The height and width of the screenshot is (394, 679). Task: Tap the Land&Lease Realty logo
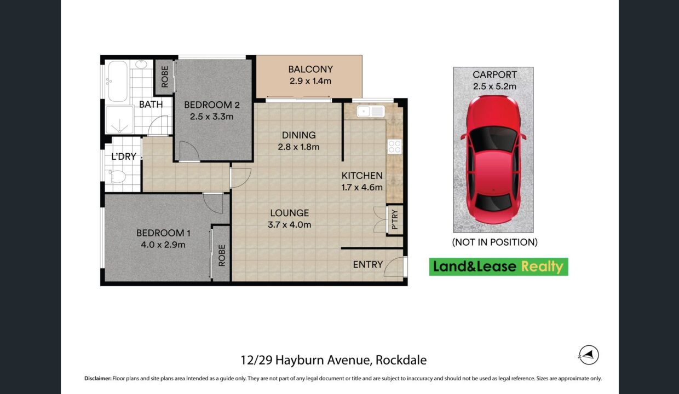499,266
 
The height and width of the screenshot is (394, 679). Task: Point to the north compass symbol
589,355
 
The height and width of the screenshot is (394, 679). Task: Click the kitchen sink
371,111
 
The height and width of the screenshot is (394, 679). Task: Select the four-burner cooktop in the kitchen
394,147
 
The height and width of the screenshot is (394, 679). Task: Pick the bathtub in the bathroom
118,81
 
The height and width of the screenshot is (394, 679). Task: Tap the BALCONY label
310,69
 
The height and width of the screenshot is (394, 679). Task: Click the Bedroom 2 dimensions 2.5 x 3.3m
211,117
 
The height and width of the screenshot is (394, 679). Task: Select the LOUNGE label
290,213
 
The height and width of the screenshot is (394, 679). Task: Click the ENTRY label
367,265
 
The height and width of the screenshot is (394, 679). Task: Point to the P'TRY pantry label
394,220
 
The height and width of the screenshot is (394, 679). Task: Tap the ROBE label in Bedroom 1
222,256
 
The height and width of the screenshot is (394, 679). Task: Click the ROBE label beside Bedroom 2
165,77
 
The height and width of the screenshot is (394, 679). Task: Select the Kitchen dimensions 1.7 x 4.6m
362,188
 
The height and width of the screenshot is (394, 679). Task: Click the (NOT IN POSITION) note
494,242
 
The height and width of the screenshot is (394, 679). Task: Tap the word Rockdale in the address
401,360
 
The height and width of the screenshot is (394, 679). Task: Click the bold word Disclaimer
98,378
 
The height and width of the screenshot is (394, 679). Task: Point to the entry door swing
394,266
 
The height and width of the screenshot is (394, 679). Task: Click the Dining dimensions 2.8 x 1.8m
298,147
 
